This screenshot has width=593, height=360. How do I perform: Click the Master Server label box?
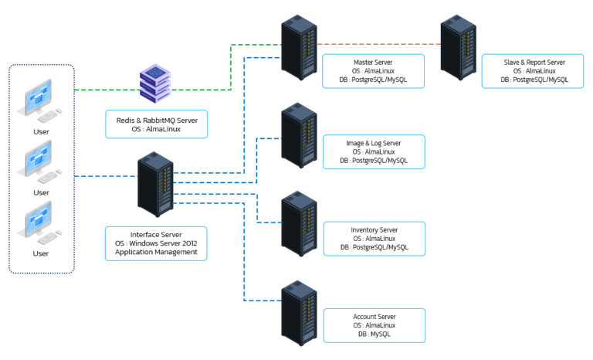click(x=374, y=70)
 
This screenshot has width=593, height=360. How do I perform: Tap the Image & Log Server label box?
click(x=374, y=152)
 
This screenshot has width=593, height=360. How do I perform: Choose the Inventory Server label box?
click(x=374, y=239)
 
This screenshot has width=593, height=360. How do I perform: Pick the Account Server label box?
click(x=374, y=325)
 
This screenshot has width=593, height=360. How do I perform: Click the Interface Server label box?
click(x=156, y=243)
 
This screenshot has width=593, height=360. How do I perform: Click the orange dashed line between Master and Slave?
click(x=378, y=44)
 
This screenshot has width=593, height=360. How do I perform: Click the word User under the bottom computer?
click(x=41, y=253)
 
